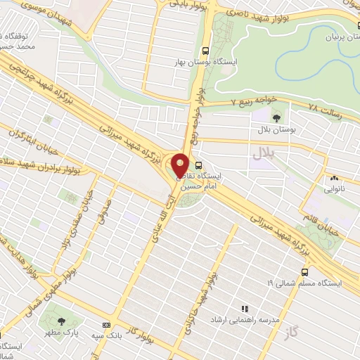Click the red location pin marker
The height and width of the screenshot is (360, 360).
coord(181,165)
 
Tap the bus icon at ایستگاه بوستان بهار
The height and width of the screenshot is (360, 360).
coord(205,51)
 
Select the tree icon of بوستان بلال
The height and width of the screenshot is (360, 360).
coord(276,117)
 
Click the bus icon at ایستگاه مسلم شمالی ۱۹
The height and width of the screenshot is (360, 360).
coord(304,271)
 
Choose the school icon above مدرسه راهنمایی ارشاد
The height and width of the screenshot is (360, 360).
coord(245,309)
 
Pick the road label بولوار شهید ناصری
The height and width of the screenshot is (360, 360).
coord(263,15)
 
